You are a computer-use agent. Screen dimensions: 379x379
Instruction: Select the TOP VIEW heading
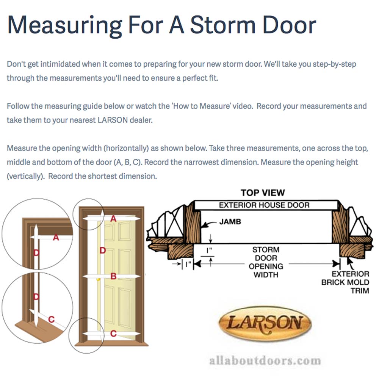(x=263, y=193)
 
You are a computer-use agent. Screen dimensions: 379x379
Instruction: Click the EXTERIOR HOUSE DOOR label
(x=264, y=205)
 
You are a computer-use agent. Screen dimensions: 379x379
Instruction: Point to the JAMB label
(x=230, y=222)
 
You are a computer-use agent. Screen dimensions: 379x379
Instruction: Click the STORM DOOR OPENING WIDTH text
(x=266, y=262)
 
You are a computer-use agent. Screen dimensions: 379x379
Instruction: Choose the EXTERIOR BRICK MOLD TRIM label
(x=345, y=282)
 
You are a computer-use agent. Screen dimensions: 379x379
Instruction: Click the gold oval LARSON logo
(x=265, y=323)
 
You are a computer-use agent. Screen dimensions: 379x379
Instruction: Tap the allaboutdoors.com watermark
(x=265, y=360)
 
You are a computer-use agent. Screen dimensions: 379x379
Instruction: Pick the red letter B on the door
(x=113, y=276)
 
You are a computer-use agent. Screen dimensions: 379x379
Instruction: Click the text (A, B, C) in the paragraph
(x=127, y=162)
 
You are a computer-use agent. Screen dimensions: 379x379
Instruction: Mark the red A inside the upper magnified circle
(x=56, y=238)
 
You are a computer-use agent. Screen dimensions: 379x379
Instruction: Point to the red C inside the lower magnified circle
(x=52, y=319)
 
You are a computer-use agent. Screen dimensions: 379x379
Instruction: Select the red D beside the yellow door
(x=102, y=250)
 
